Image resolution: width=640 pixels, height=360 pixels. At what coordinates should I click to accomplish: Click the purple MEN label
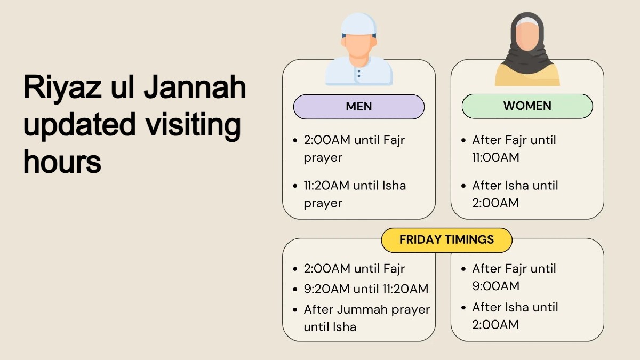click(x=359, y=107)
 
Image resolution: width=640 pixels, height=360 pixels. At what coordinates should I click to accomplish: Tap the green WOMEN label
click(x=527, y=106)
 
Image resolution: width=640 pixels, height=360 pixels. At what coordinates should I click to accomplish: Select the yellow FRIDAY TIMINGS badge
click(x=446, y=240)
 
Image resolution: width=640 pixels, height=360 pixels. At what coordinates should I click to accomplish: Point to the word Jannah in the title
click(x=195, y=87)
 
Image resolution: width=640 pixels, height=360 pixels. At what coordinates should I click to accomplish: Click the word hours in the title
click(x=62, y=162)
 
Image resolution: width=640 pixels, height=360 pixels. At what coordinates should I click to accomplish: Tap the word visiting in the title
click(x=193, y=126)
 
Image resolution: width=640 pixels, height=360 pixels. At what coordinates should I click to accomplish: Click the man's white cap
click(x=358, y=25)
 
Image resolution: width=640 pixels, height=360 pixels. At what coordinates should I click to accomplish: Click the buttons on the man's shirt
click(x=359, y=74)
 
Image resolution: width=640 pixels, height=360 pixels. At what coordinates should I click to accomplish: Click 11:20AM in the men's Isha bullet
click(x=326, y=186)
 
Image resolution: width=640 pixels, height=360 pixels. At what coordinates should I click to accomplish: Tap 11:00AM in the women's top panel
click(x=495, y=157)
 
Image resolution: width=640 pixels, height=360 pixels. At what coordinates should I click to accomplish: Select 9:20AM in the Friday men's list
click(x=326, y=289)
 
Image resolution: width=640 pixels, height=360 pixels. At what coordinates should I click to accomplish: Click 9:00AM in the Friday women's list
click(x=495, y=286)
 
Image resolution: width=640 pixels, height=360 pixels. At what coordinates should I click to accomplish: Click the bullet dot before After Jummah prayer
click(x=295, y=310)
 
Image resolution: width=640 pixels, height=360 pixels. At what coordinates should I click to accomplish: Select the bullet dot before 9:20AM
click(x=295, y=290)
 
